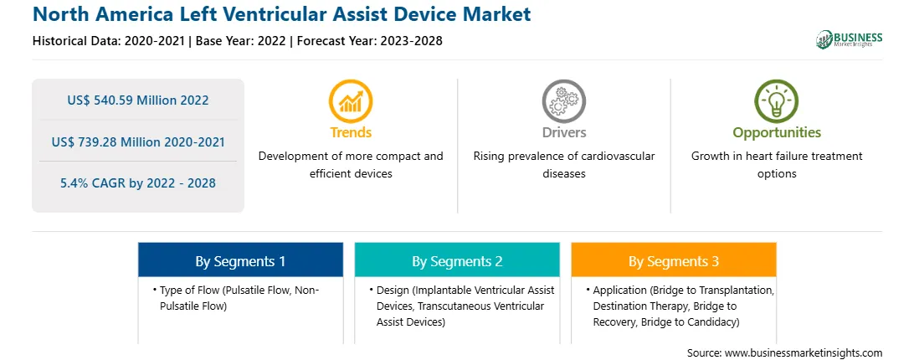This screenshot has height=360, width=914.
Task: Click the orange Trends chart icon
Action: pyautogui.click(x=351, y=101)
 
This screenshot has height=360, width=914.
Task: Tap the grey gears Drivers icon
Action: pyautogui.click(x=563, y=101)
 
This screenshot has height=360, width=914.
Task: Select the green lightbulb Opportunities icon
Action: pyautogui.click(x=777, y=101)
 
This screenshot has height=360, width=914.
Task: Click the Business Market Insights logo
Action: pyautogui.click(x=850, y=39)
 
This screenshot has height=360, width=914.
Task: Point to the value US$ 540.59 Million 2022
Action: pyautogui.click(x=137, y=100)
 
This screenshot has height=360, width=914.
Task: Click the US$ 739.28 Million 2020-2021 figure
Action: pyautogui.click(x=137, y=141)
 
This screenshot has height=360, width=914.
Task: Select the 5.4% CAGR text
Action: pyautogui.click(x=137, y=183)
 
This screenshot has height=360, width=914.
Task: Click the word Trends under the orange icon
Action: pyautogui.click(x=351, y=132)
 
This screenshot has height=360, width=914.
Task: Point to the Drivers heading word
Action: pyautogui.click(x=563, y=132)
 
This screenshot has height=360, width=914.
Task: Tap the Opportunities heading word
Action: pyautogui.click(x=777, y=132)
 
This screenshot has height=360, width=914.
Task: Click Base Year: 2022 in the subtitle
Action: pyautogui.click(x=241, y=41)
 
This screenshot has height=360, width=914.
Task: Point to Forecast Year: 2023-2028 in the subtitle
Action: pyautogui.click(x=367, y=41)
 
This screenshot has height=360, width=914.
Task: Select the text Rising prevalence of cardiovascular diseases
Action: pyautogui.click(x=563, y=165)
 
